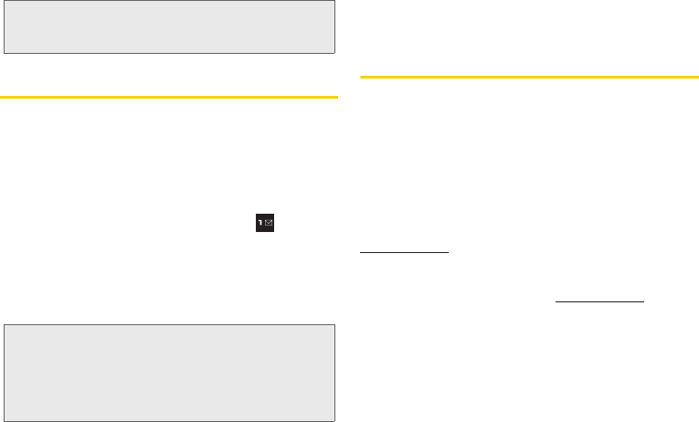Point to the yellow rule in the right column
(529, 78)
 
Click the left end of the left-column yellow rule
(1, 96)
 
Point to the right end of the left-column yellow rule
(337, 96)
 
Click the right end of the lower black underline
(643, 301)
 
